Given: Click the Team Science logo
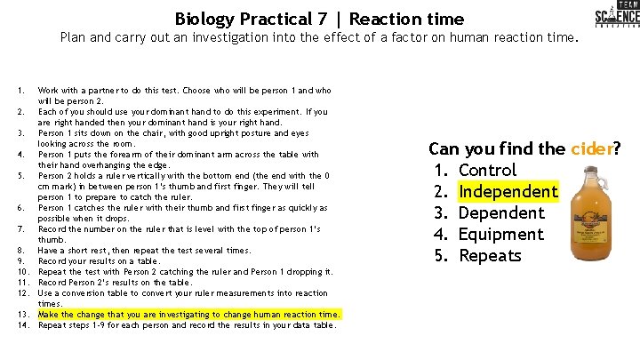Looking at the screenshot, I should [x=616, y=18].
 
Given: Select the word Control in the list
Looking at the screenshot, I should [x=487, y=170].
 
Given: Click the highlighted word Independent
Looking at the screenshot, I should [x=508, y=191].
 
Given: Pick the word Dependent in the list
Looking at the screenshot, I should [x=501, y=212].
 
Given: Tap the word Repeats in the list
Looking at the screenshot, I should [x=490, y=255].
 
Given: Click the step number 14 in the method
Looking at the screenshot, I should [x=23, y=325].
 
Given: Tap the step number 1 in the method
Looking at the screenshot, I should [x=20, y=91].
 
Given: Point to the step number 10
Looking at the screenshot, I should [x=23, y=272].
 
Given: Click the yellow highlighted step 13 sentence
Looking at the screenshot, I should [x=189, y=315].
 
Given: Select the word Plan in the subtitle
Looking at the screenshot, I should [x=73, y=38].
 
